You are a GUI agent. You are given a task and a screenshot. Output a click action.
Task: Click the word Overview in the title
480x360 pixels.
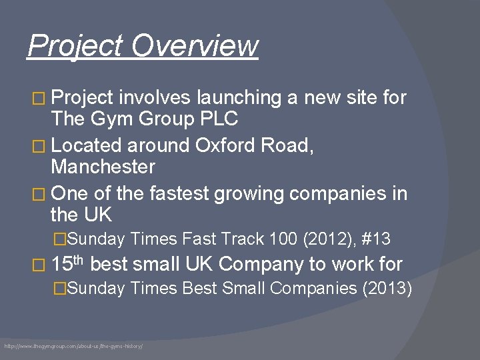click(x=195, y=46)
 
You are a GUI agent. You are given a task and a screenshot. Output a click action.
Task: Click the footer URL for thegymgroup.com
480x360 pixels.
click(x=74, y=347)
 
